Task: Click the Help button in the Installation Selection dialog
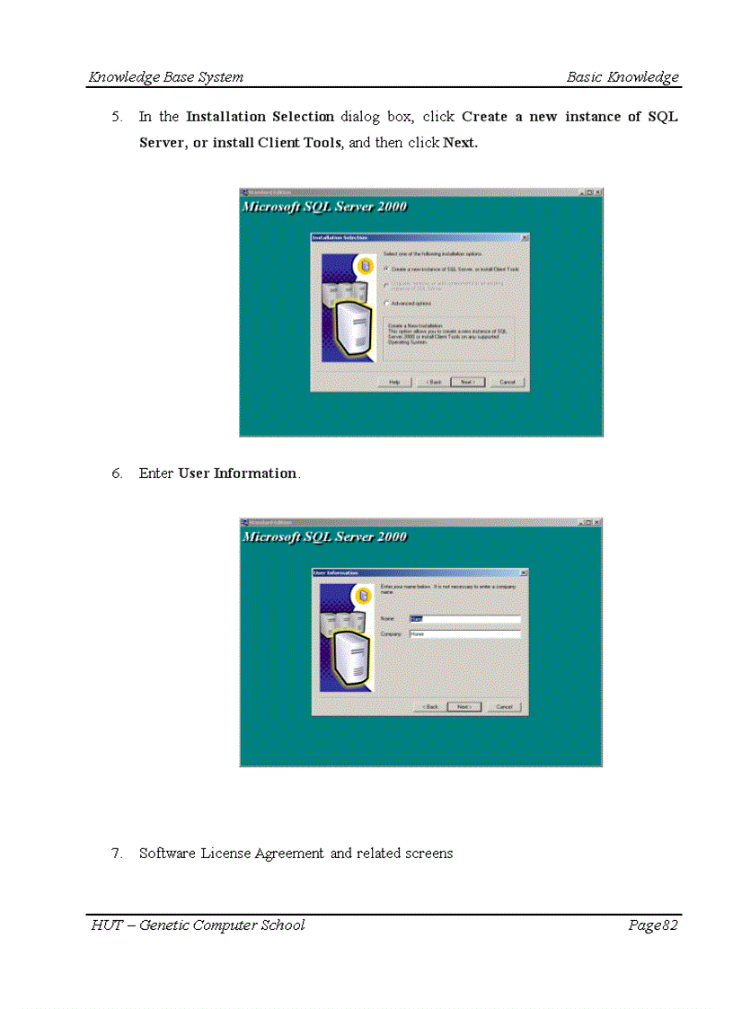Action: pos(394,382)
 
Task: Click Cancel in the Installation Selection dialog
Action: pos(507,382)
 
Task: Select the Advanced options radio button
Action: pos(386,304)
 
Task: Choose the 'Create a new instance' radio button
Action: pos(386,269)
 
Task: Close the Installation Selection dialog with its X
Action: pos(525,237)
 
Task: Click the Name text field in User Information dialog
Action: pos(464,618)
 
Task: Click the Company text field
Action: pos(464,633)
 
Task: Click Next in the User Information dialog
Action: pos(464,707)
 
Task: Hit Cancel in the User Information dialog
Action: pos(503,707)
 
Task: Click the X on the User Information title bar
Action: pos(524,572)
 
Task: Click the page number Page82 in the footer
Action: pos(653,925)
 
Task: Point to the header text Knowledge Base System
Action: pos(166,77)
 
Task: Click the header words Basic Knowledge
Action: pos(623,77)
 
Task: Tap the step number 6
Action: pos(117,474)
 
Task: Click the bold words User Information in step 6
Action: pos(237,474)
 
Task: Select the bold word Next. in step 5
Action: pos(461,143)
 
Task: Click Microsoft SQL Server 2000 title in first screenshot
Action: pos(324,207)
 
